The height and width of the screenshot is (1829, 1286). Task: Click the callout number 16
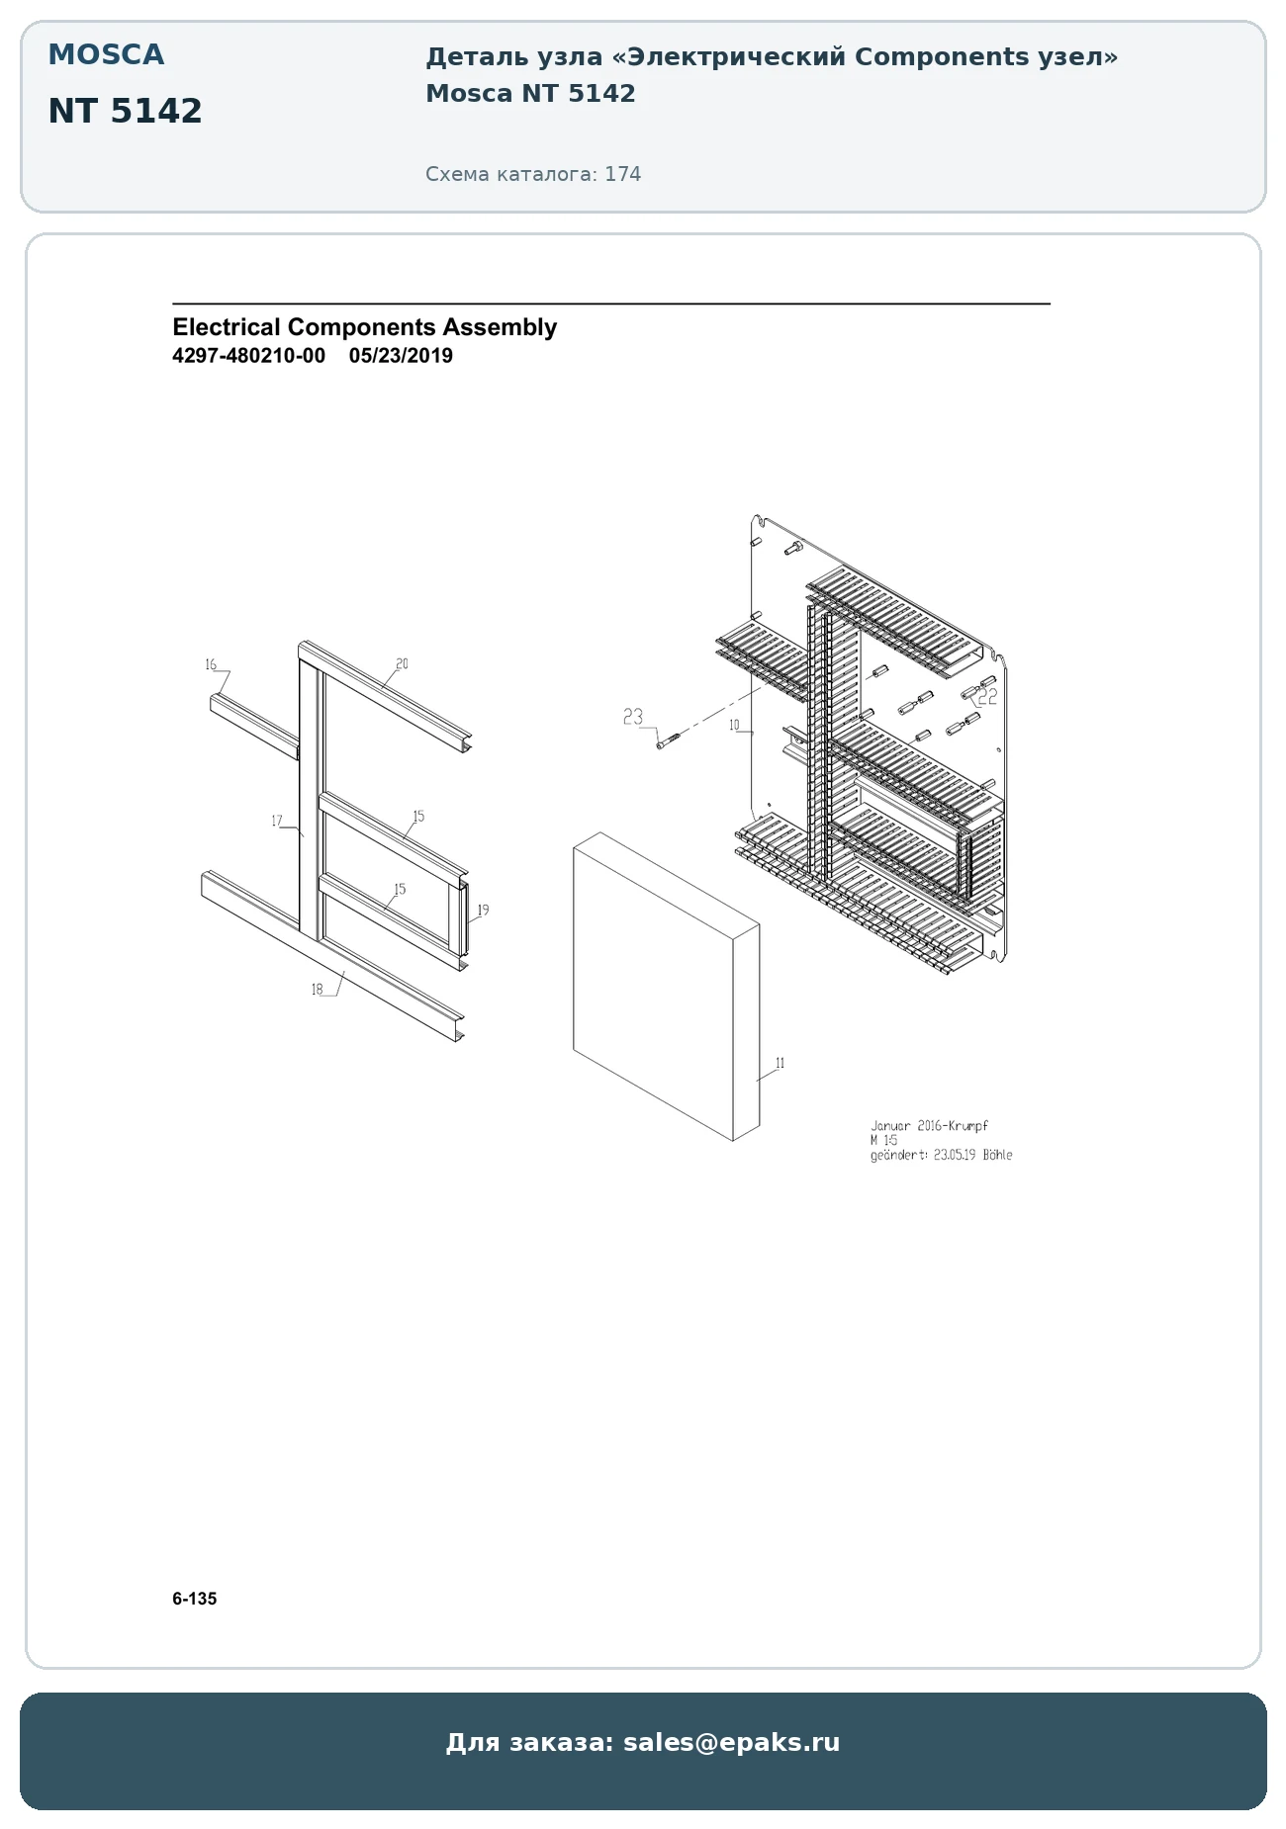(211, 664)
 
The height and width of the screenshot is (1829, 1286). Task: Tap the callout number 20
(402, 663)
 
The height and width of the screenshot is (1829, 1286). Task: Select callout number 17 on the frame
(277, 821)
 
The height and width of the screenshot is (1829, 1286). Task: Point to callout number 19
(483, 910)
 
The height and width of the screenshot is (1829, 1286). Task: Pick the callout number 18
(318, 990)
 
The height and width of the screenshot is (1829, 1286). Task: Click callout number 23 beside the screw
(633, 717)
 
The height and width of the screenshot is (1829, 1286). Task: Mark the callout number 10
(734, 726)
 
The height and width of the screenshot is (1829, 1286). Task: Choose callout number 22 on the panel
(987, 697)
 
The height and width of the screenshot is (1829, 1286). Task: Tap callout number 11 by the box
(781, 1063)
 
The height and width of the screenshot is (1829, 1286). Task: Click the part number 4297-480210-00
(248, 356)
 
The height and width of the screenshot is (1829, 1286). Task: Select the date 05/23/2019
(401, 356)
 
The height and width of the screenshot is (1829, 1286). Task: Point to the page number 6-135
(194, 1599)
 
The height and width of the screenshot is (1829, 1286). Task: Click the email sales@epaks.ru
(731, 1742)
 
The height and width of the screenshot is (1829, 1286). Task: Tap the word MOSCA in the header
(106, 54)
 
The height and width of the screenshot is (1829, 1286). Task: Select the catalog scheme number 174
(623, 174)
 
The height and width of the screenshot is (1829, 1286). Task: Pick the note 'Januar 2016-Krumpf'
(929, 1125)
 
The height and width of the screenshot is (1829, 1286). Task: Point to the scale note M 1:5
(883, 1140)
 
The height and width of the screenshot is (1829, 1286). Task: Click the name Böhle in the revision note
(997, 1155)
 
